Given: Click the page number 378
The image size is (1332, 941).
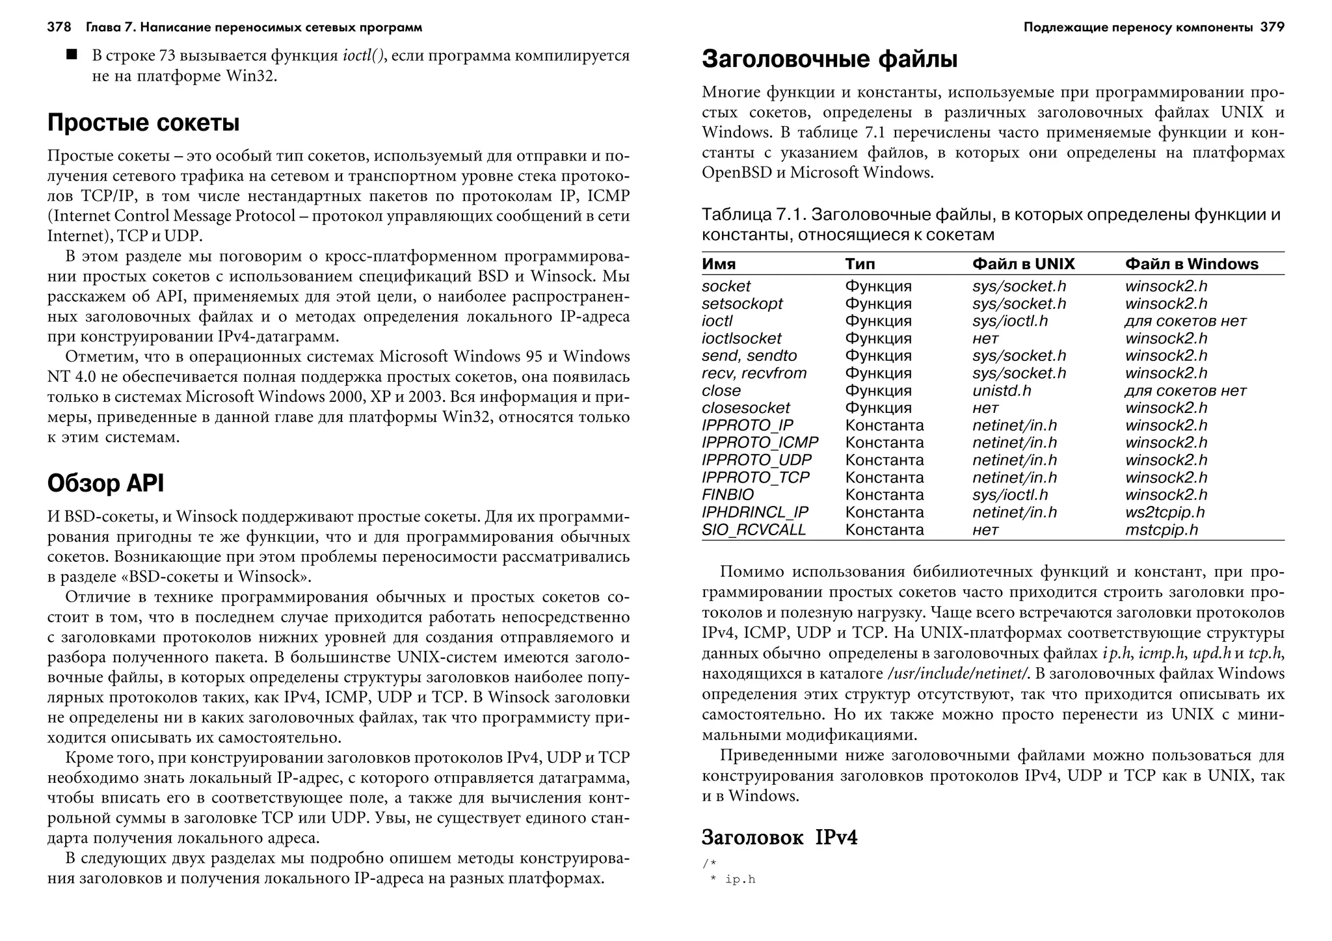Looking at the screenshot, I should tap(59, 27).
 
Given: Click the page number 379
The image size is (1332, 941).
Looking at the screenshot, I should tap(1272, 27).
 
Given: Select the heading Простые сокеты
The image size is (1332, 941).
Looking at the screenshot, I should tap(143, 122).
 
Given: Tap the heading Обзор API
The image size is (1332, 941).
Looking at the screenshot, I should tap(105, 483).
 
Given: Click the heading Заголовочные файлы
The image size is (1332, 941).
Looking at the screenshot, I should tap(829, 59).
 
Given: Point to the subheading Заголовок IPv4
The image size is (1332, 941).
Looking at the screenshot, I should tap(779, 838).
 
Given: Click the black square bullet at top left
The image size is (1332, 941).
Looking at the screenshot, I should tap(72, 55).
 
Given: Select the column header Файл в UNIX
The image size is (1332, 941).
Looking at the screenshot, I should tap(1023, 264).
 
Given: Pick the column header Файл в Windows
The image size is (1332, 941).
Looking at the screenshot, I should tap(1192, 264).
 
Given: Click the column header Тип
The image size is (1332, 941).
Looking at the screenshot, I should tap(860, 264).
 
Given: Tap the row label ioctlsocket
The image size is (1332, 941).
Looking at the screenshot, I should tap(741, 339).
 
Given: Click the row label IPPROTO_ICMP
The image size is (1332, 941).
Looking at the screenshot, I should tap(760, 443).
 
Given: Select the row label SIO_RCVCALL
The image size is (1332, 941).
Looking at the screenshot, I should tap(753, 530).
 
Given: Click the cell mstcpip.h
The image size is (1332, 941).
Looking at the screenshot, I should tap(1162, 530).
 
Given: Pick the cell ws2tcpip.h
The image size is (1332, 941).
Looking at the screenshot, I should tap(1165, 512).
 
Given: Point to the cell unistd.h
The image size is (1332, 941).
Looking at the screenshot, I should tap(1002, 391).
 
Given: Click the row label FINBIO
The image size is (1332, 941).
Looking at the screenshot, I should tap(727, 495).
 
